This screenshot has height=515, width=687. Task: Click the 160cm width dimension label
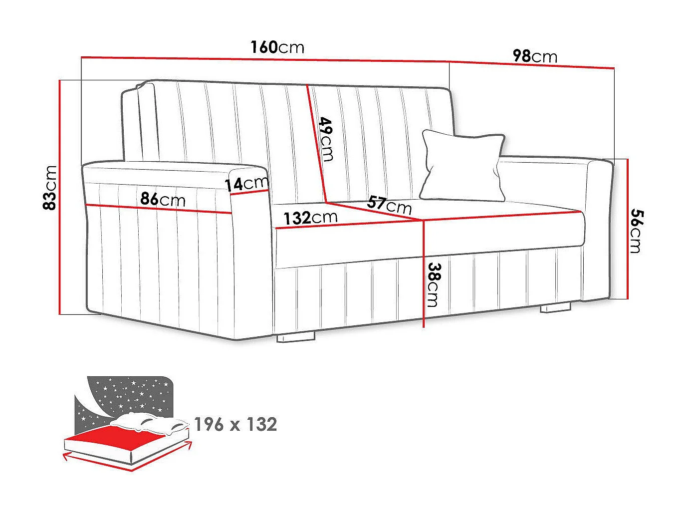pyautogui.click(x=277, y=47)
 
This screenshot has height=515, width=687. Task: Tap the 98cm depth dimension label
pyautogui.click(x=535, y=56)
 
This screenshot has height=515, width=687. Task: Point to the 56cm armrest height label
pyautogui.click(x=636, y=231)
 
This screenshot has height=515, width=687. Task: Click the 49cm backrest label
pyautogui.click(x=327, y=139)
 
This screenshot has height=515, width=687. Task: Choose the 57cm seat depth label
pyautogui.click(x=390, y=204)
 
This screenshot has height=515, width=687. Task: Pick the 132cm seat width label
pyautogui.click(x=310, y=218)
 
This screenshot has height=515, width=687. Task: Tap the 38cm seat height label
pyautogui.click(x=434, y=284)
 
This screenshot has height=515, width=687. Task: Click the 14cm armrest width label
pyautogui.click(x=246, y=183)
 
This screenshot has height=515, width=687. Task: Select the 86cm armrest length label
pyautogui.click(x=163, y=199)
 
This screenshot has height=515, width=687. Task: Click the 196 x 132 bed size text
pyautogui.click(x=235, y=424)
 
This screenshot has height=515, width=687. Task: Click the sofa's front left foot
pyautogui.click(x=296, y=337)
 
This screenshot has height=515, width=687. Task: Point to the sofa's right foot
pyautogui.click(x=556, y=307)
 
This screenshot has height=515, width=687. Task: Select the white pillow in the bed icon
pyautogui.click(x=150, y=423)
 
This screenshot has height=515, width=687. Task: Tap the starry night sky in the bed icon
pyautogui.click(x=125, y=397)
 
